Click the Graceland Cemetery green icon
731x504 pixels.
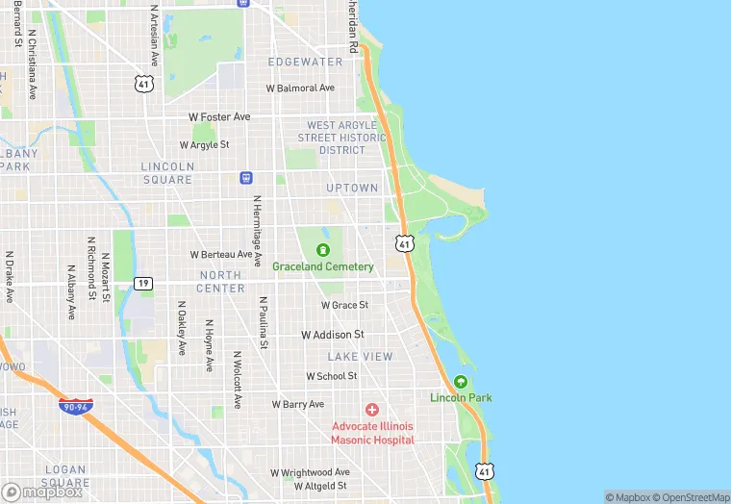point(322,251)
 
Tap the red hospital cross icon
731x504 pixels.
point(372,410)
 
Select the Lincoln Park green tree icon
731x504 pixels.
point(461,382)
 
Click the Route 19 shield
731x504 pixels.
point(142,283)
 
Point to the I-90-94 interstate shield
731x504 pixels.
point(76,407)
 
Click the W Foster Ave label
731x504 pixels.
point(219,117)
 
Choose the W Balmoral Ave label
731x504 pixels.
point(301,88)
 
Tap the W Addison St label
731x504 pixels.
point(333,335)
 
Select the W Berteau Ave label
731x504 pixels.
point(220,255)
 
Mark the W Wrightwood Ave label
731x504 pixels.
point(310,473)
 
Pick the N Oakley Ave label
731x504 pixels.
point(182,329)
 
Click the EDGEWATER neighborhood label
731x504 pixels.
point(305,62)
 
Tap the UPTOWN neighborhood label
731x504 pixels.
point(352,188)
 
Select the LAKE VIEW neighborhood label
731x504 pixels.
point(360,356)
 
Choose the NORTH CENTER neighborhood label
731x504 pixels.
point(221,281)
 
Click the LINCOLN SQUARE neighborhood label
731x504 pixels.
point(167,172)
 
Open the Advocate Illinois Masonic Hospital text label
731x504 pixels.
point(372,433)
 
